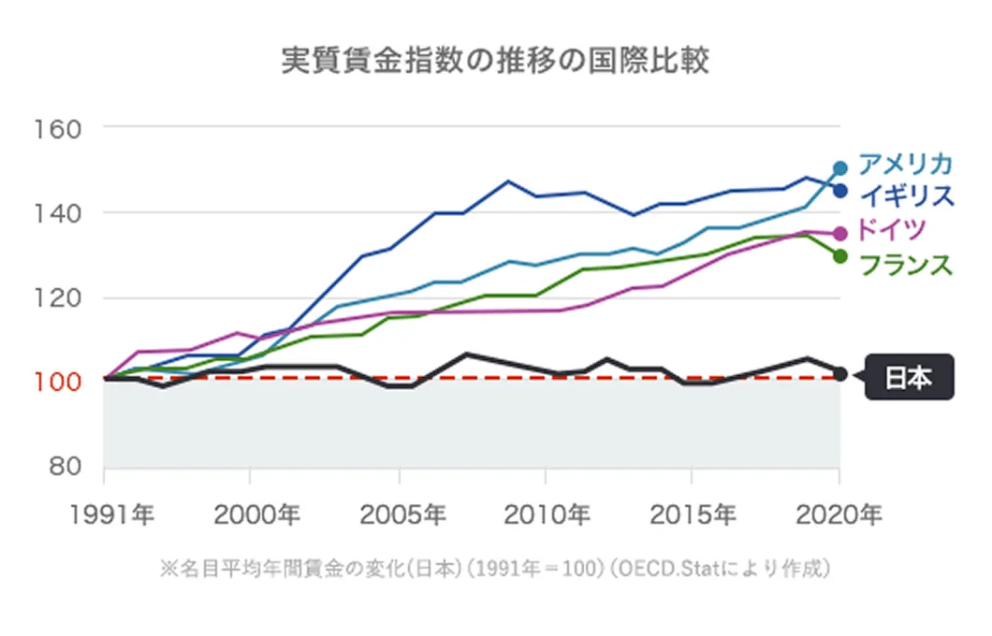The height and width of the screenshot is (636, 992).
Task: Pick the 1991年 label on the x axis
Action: click(x=104, y=513)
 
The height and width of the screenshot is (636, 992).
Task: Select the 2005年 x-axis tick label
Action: click(x=399, y=513)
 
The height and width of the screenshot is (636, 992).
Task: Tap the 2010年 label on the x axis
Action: click(x=546, y=513)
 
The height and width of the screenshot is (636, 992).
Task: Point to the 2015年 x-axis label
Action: click(x=692, y=513)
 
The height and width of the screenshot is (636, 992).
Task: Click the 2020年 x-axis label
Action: click(x=839, y=513)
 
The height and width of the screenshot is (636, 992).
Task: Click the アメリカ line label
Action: click(x=905, y=164)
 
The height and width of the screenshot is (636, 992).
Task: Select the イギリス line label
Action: click(x=905, y=195)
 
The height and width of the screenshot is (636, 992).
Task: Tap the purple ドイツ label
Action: click(x=892, y=229)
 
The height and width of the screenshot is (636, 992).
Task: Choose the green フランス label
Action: click(x=905, y=265)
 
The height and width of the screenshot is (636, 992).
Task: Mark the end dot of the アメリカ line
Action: click(x=839, y=168)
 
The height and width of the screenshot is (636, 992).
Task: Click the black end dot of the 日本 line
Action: click(x=839, y=374)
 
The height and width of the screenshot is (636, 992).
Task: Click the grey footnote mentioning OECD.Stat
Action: click(x=495, y=569)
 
